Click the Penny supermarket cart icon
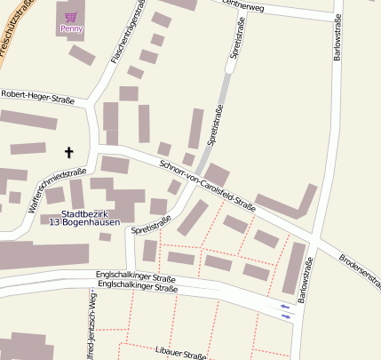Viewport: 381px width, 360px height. pos(71,17)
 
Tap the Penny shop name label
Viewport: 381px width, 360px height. pos(71,29)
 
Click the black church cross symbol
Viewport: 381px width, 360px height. pos(68,152)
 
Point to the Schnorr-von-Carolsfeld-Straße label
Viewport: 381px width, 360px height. pos(207,187)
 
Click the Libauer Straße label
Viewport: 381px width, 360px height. pos(180,354)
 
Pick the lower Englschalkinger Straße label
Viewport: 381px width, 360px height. pos(138,288)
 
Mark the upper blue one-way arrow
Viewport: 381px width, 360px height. pos(285,307)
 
